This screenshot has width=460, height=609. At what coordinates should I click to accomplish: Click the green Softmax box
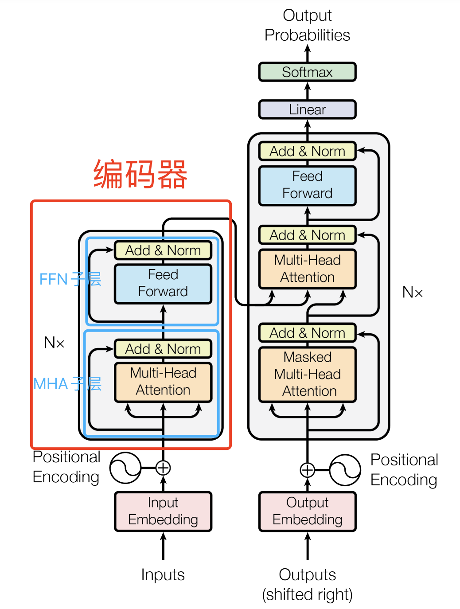(x=307, y=72)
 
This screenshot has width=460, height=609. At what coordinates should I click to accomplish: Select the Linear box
(x=307, y=109)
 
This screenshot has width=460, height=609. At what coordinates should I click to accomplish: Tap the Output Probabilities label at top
(x=307, y=25)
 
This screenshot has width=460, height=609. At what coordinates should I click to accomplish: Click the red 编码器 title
(x=140, y=175)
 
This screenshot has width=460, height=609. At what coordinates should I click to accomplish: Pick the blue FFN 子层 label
(x=70, y=279)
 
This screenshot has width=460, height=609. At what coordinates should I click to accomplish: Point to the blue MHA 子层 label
(x=67, y=384)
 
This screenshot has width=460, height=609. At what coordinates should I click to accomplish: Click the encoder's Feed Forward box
(x=163, y=283)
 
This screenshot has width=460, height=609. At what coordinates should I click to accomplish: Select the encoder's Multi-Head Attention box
(x=163, y=382)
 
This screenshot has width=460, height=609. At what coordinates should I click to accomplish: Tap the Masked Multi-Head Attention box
(x=307, y=375)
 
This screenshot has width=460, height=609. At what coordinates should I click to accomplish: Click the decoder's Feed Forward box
(x=307, y=185)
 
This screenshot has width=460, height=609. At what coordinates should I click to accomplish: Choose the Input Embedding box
(x=163, y=511)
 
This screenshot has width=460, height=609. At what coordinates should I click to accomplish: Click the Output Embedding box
(x=307, y=511)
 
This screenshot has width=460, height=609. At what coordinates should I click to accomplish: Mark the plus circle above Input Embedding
(x=163, y=468)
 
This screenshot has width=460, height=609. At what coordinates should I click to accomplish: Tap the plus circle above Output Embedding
(x=307, y=470)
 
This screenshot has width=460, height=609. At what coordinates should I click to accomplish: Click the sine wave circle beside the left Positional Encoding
(x=125, y=468)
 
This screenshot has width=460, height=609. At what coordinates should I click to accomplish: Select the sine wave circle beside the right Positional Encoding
(x=345, y=470)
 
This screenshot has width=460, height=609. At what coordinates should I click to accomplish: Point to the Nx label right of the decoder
(x=412, y=292)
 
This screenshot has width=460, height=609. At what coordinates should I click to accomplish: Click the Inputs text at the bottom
(x=163, y=575)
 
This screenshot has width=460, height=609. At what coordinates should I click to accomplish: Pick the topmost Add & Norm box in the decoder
(x=307, y=151)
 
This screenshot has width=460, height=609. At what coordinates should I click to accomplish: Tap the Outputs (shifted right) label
(x=307, y=585)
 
